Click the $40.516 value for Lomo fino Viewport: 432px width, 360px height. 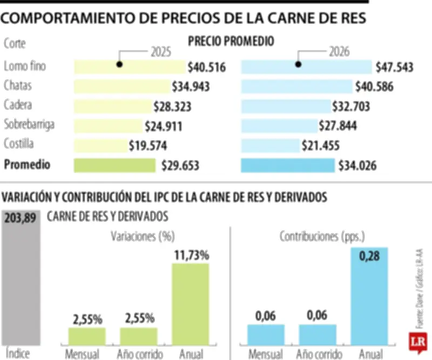pos(206,68)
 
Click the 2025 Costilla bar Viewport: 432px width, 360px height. pos(100,145)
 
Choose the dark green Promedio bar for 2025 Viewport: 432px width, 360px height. pos(114,165)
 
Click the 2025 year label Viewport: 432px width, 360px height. pos(160,52)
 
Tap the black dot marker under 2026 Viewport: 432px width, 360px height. pos(298,64)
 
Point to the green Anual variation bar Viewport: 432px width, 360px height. pos(190,304)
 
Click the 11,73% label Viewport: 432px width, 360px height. pos(191,255)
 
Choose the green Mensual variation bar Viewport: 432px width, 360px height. pos(87,336)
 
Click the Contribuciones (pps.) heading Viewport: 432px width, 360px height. pos(322,236)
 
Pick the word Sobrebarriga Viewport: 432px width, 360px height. pos(29,125)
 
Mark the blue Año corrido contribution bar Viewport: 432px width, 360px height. pos(318,335)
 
